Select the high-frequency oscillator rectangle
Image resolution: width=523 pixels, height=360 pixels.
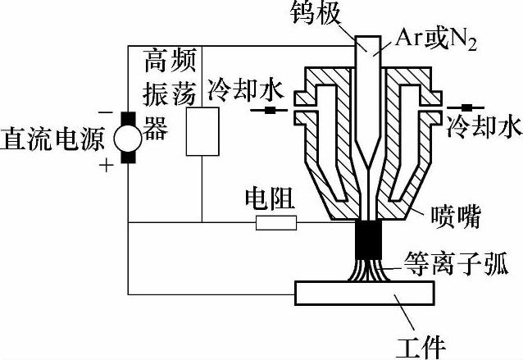[202, 131]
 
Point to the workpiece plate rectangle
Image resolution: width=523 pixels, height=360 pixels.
[369, 293]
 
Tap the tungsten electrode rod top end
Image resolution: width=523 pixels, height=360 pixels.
[371, 43]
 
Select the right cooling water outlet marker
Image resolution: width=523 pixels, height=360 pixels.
[469, 107]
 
